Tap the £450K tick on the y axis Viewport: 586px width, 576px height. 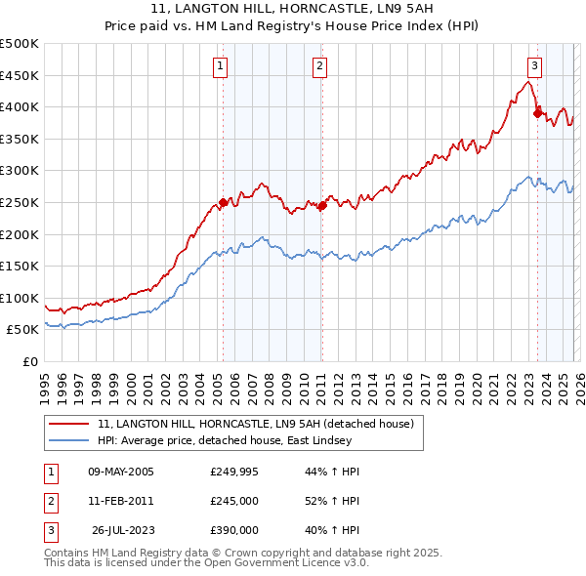[20, 75]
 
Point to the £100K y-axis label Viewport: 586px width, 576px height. [20, 298]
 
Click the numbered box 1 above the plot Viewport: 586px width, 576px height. [221, 66]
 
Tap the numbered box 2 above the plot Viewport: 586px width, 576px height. [319, 66]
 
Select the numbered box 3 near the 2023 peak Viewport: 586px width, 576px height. [535, 66]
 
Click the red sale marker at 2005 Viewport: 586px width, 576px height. [223, 203]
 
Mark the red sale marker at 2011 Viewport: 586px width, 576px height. [322, 205]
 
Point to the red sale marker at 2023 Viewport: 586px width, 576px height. [537, 113]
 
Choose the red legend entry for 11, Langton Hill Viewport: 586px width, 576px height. [256, 424]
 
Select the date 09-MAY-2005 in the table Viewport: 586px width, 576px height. [121, 472]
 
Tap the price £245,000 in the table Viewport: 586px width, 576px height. [234, 501]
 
